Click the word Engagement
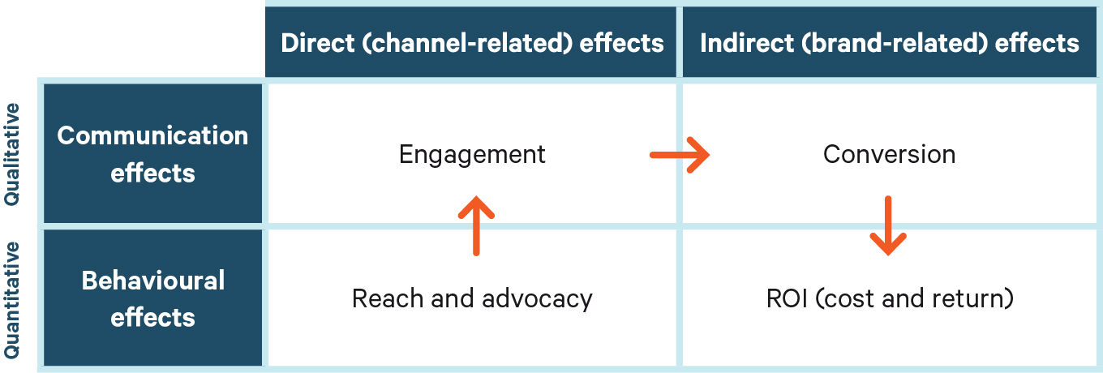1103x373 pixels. (472, 156)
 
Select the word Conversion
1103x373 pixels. (889, 155)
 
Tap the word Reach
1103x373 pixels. (387, 298)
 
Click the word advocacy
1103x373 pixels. (537, 299)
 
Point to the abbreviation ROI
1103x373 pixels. (787, 298)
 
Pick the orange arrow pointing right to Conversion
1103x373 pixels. (680, 155)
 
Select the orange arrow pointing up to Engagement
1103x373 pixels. (476, 226)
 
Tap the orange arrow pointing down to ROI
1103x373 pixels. (888, 226)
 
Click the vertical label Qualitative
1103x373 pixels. (12, 154)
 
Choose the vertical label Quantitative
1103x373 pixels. (12, 300)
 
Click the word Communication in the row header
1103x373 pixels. (152, 135)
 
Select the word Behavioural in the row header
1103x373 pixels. (153, 281)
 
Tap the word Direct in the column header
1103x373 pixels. (318, 43)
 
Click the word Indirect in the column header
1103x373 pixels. (747, 43)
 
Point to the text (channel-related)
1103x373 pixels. (467, 43)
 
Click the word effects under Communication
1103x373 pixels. (152, 174)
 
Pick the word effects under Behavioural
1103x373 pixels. (152, 317)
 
